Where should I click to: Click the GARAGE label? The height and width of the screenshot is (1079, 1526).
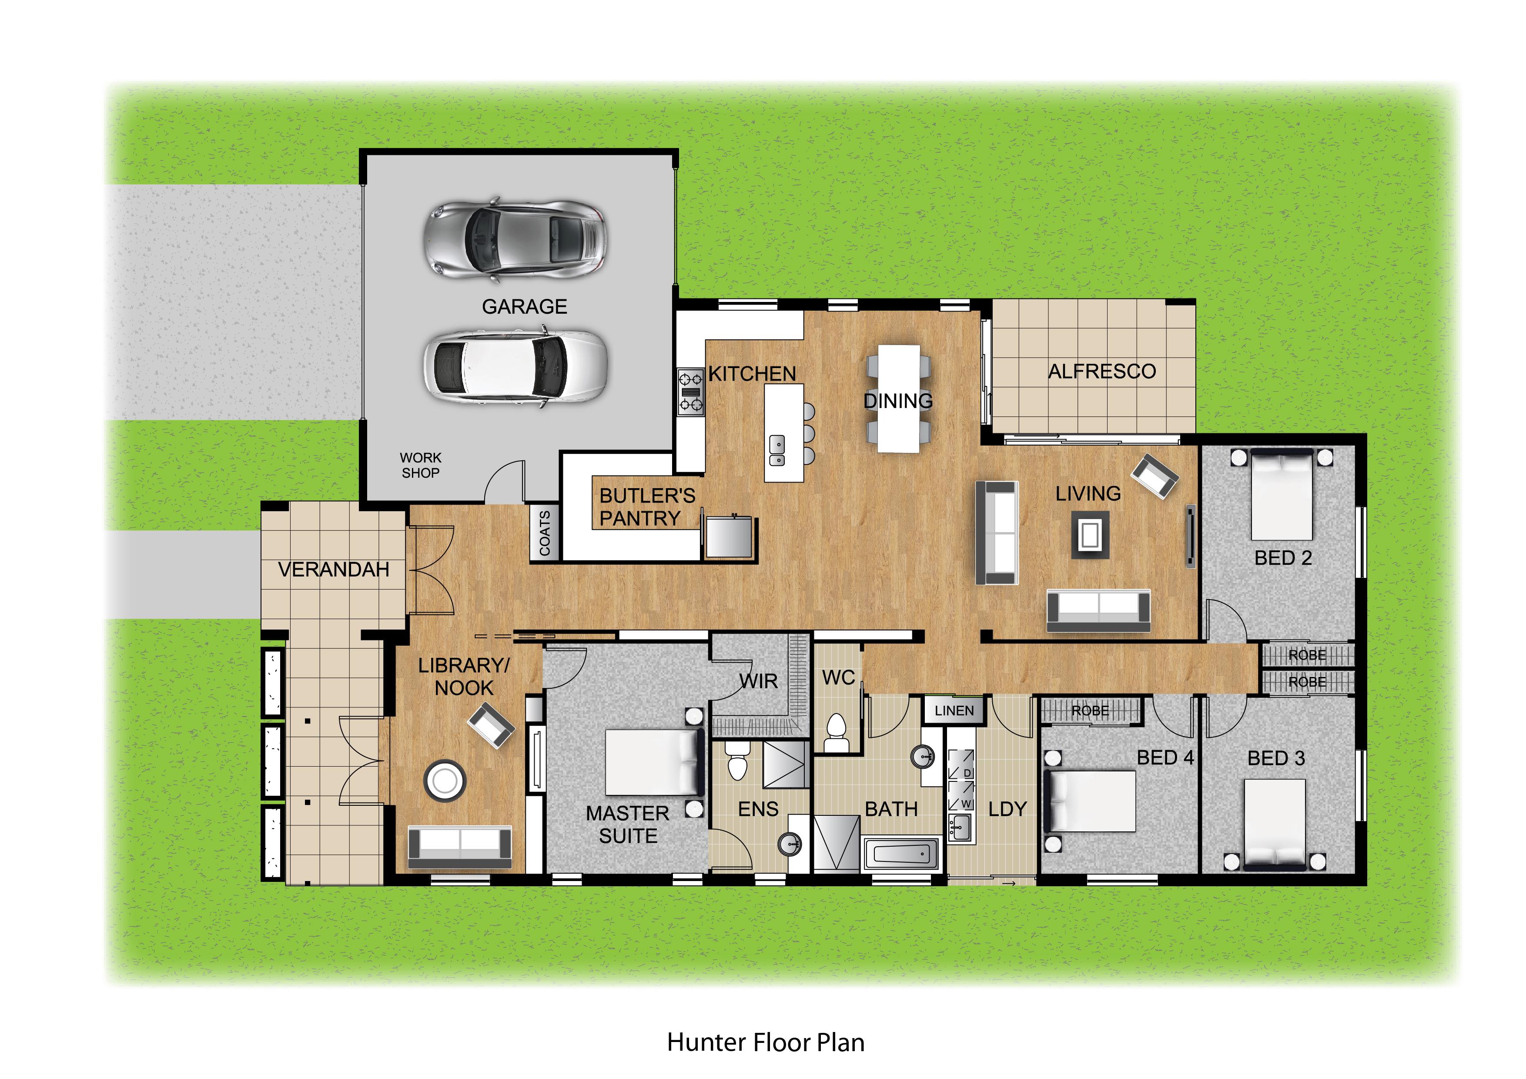pyautogui.click(x=524, y=306)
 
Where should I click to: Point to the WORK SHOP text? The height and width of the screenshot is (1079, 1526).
pyautogui.click(x=420, y=466)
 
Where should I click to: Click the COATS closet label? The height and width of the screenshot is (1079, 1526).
pyautogui.click(x=544, y=533)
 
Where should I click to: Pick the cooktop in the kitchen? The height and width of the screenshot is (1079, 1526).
pyautogui.click(x=690, y=392)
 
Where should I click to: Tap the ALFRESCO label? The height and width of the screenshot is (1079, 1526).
pyautogui.click(x=1102, y=371)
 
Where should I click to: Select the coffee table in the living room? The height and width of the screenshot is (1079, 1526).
pyautogui.click(x=1090, y=535)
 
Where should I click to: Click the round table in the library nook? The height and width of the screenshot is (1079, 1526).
pyautogui.click(x=445, y=781)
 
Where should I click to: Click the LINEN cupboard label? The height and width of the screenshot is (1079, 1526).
pyautogui.click(x=954, y=710)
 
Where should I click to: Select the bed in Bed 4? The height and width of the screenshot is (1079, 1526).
pyautogui.click(x=1089, y=801)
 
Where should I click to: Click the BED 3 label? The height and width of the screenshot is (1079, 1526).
pyautogui.click(x=1276, y=758)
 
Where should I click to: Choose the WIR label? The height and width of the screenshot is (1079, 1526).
pyautogui.click(x=758, y=681)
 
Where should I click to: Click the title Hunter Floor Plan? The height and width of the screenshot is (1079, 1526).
pyautogui.click(x=766, y=1042)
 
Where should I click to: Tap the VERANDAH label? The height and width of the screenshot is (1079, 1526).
pyautogui.click(x=334, y=570)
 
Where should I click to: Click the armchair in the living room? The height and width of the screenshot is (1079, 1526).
pyautogui.click(x=1155, y=476)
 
